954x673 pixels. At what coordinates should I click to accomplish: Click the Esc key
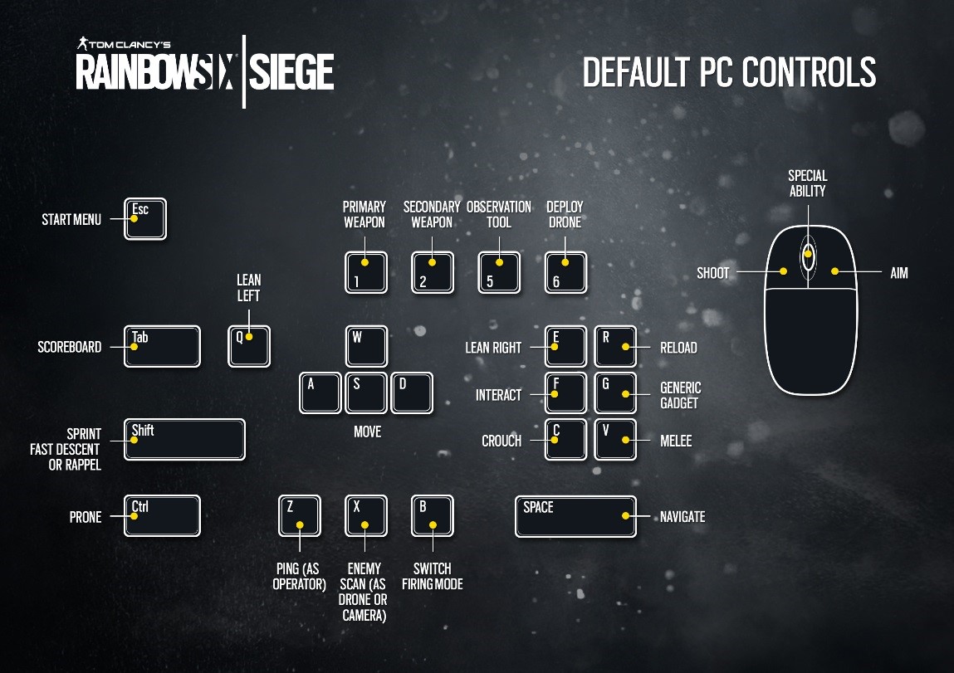pos(145,218)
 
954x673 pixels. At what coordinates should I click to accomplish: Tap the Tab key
pos(162,346)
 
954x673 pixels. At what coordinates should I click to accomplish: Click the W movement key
pos(366,346)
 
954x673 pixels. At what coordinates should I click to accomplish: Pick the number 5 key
pos(499,272)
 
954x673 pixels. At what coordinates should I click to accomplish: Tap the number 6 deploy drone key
pos(565,272)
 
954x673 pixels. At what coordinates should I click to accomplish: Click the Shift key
pos(183,440)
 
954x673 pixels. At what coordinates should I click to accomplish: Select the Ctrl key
pos(162,516)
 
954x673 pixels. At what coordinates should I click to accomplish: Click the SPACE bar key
pos(575,516)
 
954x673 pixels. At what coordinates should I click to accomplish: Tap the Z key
pos(300,516)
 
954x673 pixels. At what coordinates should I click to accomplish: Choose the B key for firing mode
pos(433,516)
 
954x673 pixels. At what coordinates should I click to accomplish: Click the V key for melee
pos(615,440)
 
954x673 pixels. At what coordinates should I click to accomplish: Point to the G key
pos(615,393)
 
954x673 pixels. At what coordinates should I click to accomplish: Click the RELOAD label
pos(678,348)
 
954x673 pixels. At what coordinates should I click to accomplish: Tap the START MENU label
pos(71,220)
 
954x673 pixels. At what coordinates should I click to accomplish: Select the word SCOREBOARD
pos(69,348)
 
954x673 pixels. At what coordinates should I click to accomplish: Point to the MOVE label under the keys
pos(367,432)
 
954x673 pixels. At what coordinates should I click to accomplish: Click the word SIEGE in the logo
pos(291,72)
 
